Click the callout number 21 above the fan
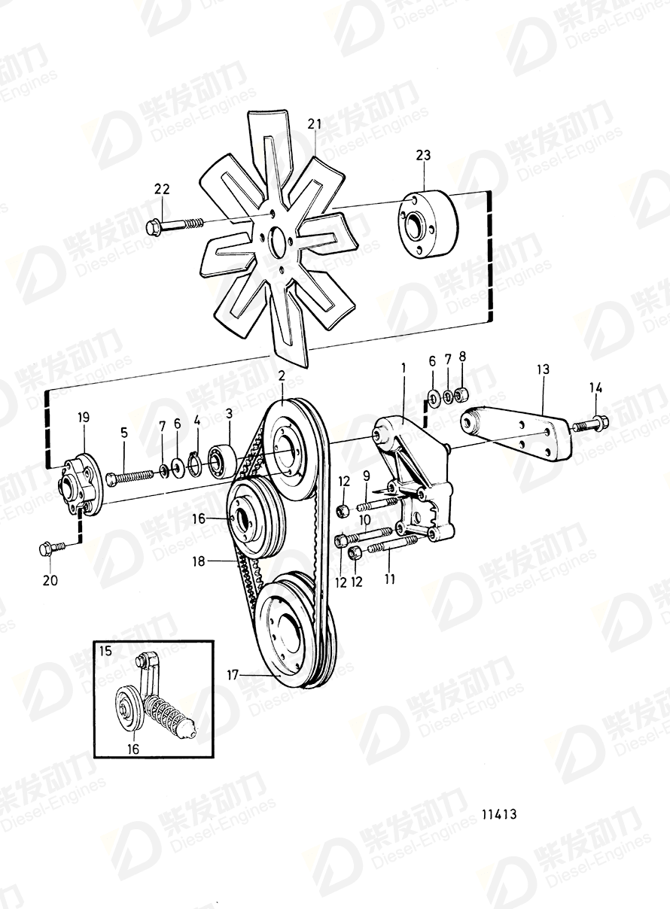tap(314, 123)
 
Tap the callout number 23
tap(423, 156)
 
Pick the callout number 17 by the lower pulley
tap(233, 675)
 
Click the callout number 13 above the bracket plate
tap(543, 369)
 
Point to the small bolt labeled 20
tap(47, 550)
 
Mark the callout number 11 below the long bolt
tap(389, 579)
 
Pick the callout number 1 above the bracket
tap(403, 368)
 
